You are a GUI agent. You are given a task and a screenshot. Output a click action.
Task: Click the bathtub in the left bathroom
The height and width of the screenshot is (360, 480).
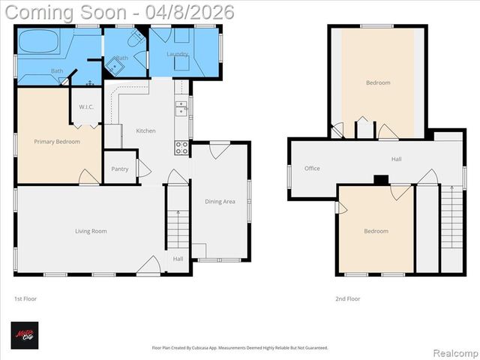pyautogui.click(x=38, y=42)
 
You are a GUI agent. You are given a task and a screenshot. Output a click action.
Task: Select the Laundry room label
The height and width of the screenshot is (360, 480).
pyautogui.click(x=177, y=54)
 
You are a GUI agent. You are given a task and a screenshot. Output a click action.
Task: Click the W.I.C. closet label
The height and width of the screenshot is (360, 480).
pyautogui.click(x=86, y=106)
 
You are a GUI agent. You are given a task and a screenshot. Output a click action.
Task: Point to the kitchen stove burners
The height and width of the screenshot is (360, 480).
pyautogui.click(x=181, y=147)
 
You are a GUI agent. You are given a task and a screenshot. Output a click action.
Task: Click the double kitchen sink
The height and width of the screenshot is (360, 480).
pyautogui.click(x=181, y=109)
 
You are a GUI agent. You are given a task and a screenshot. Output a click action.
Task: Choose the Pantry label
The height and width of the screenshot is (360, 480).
pyautogui.click(x=119, y=169)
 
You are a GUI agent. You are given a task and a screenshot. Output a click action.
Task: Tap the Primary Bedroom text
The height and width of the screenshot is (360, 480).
pyautogui.click(x=57, y=141)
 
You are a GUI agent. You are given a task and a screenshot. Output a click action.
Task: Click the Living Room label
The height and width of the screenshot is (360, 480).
pyautogui.click(x=91, y=231)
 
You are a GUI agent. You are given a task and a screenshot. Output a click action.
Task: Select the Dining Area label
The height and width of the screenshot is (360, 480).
pyautogui.click(x=220, y=201)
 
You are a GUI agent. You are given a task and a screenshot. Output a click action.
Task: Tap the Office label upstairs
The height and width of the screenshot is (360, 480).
pyautogui.click(x=312, y=168)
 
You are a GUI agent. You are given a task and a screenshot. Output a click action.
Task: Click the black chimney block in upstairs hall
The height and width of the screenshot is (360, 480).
pyautogui.click(x=381, y=179)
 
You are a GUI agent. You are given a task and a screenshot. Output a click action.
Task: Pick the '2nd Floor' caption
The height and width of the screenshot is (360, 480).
pyautogui.click(x=347, y=298)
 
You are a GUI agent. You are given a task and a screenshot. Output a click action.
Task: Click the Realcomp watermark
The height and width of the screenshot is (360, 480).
pyautogui.click(x=454, y=352)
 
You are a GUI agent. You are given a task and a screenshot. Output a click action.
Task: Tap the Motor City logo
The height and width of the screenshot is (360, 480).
pyautogui.click(x=24, y=335)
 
